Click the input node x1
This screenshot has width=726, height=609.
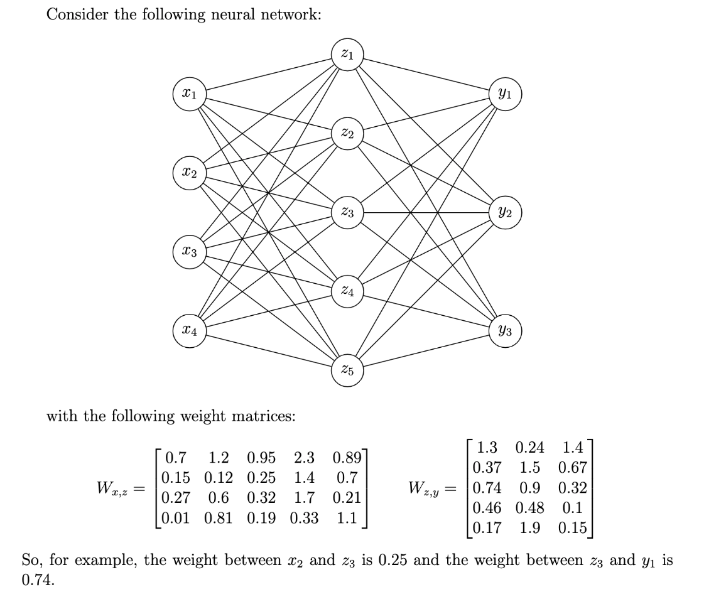[190, 95]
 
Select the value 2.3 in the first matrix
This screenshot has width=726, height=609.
[304, 457]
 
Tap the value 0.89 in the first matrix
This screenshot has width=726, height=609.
[347, 457]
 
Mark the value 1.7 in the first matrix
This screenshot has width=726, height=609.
[304, 498]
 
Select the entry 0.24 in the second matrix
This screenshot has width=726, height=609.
[530, 448]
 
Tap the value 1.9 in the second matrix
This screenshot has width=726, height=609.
[530, 528]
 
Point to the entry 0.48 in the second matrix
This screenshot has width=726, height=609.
[530, 508]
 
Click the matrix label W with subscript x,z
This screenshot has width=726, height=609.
[114, 488]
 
